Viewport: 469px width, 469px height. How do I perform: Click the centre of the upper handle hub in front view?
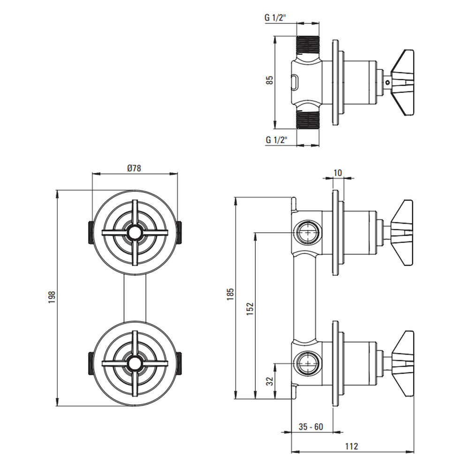(x=135, y=233)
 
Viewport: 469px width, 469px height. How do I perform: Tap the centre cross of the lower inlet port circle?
(x=308, y=363)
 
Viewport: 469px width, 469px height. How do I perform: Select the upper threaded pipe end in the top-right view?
(x=308, y=45)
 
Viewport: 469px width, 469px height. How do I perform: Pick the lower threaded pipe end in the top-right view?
(x=308, y=119)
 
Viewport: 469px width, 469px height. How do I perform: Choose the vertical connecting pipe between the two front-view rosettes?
(x=135, y=298)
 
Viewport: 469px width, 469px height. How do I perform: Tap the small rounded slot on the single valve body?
(x=295, y=83)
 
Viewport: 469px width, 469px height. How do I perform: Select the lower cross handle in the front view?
(x=135, y=363)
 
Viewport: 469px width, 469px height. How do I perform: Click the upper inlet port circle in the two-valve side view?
(x=308, y=233)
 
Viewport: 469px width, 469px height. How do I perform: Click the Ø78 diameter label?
(x=134, y=168)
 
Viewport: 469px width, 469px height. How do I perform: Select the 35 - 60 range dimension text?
(x=311, y=426)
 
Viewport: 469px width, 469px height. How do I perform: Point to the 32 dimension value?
(x=270, y=381)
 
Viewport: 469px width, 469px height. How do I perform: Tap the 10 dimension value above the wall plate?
(x=337, y=173)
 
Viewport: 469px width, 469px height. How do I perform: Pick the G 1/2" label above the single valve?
(x=275, y=17)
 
